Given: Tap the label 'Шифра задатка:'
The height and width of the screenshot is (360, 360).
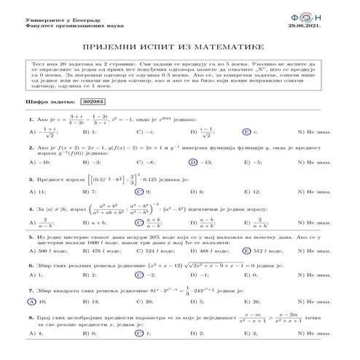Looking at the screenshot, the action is [x=47, y=103].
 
